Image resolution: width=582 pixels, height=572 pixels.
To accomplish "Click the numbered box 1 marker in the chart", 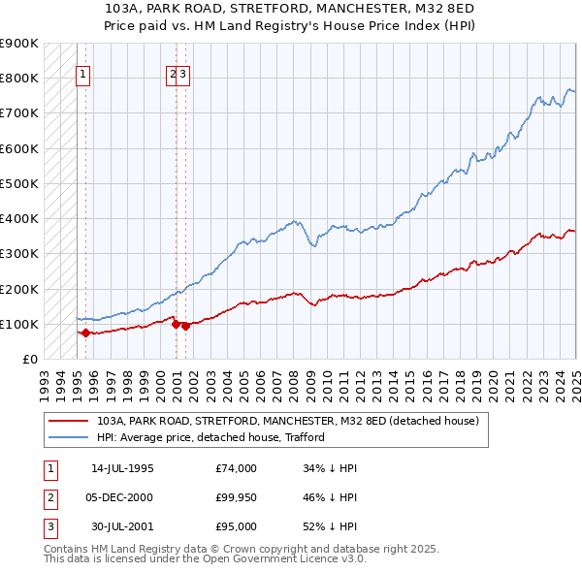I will tap(82, 73).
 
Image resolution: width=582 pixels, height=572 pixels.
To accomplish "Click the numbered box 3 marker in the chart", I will tap(183, 73).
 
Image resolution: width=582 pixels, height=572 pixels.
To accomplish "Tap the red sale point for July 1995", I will tap(85, 333).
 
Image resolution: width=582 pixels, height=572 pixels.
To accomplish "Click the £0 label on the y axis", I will tap(29, 359).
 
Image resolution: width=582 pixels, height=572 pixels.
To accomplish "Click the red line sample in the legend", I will tap(68, 422).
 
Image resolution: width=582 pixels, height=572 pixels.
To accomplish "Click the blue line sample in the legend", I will tap(68, 437).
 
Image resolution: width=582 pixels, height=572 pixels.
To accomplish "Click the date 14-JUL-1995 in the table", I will tap(122, 468).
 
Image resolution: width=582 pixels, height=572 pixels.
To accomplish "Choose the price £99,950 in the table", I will tap(237, 497).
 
